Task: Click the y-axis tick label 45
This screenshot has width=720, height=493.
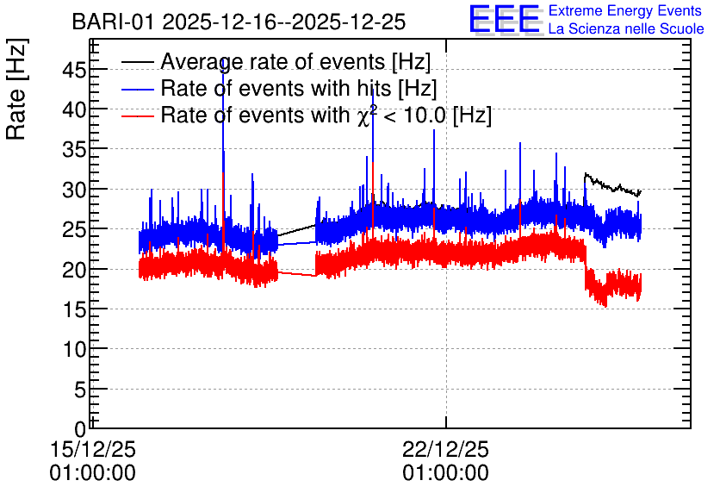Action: tap(74, 71)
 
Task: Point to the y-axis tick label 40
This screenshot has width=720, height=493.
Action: tap(74, 110)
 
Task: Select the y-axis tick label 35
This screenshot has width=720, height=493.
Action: tap(74, 150)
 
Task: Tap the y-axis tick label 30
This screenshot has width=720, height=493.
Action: tap(74, 190)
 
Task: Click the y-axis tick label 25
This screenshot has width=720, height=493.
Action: tap(74, 230)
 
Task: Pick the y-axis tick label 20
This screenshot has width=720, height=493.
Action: tap(74, 270)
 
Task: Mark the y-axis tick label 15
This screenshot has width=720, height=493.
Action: tap(74, 309)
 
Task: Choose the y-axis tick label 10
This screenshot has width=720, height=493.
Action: tap(74, 350)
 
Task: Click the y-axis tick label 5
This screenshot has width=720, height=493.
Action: tap(80, 390)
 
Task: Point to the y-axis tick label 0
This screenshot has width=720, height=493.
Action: tap(80, 429)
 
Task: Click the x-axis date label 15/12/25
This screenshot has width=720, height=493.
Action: tap(93, 449)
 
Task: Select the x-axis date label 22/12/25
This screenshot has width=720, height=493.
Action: tap(446, 449)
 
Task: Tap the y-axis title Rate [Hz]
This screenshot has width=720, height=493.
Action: tap(16, 89)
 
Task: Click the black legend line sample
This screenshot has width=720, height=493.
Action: tap(138, 61)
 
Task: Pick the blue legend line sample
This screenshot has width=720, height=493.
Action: tap(138, 89)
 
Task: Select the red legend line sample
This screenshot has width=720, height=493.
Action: tap(138, 115)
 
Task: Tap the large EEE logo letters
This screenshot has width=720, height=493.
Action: tap(505, 19)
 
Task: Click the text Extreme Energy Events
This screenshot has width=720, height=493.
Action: tap(625, 10)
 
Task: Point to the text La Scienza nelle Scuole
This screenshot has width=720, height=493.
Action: tap(626, 28)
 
